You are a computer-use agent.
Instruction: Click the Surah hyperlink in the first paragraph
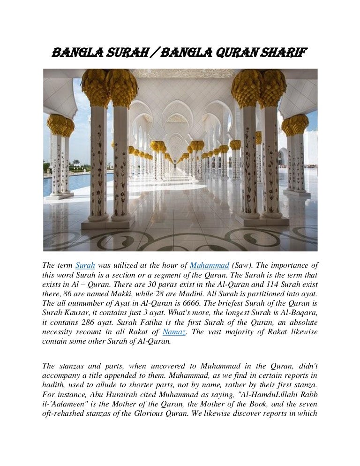(85, 265)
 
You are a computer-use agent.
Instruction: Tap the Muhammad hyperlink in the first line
(209, 265)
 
